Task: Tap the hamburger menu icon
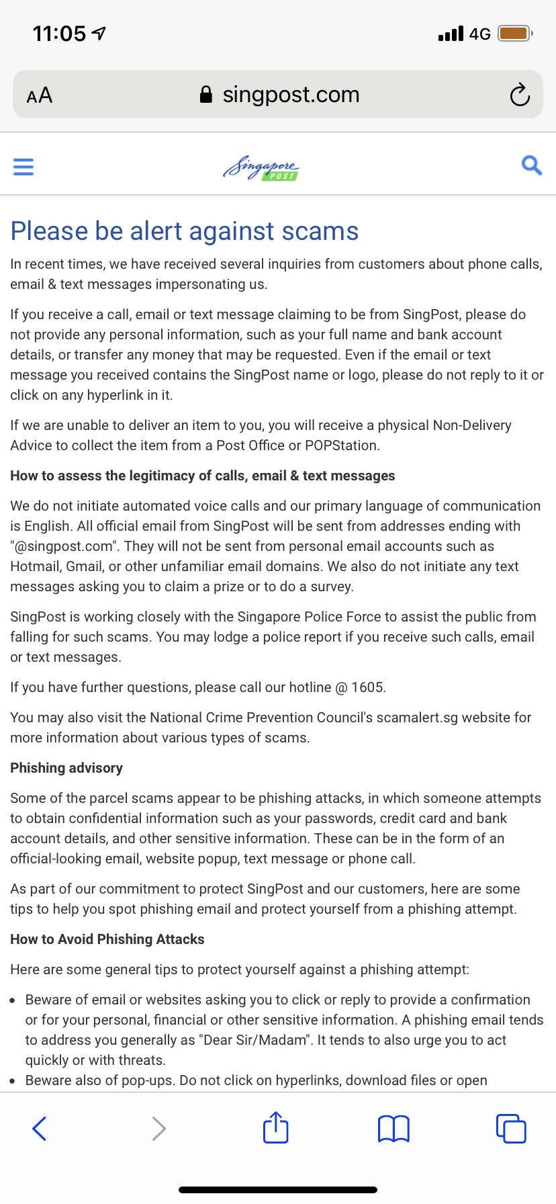(x=24, y=166)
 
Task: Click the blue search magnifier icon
(x=531, y=165)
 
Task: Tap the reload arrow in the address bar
(x=519, y=95)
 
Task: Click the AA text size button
(x=40, y=95)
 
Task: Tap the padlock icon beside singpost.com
(x=206, y=95)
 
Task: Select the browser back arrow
(x=40, y=1128)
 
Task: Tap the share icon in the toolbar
(x=275, y=1127)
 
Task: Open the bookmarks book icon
(x=393, y=1128)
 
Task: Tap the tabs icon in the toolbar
(x=511, y=1128)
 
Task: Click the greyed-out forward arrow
(x=158, y=1128)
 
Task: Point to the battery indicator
(x=515, y=33)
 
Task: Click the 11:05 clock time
(x=60, y=33)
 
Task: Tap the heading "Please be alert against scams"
(x=185, y=231)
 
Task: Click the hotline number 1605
(x=367, y=687)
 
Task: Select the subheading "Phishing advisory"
(x=66, y=768)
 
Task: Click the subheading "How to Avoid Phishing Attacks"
(x=107, y=939)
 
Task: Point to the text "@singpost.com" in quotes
(x=64, y=546)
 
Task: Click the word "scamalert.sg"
(x=417, y=718)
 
